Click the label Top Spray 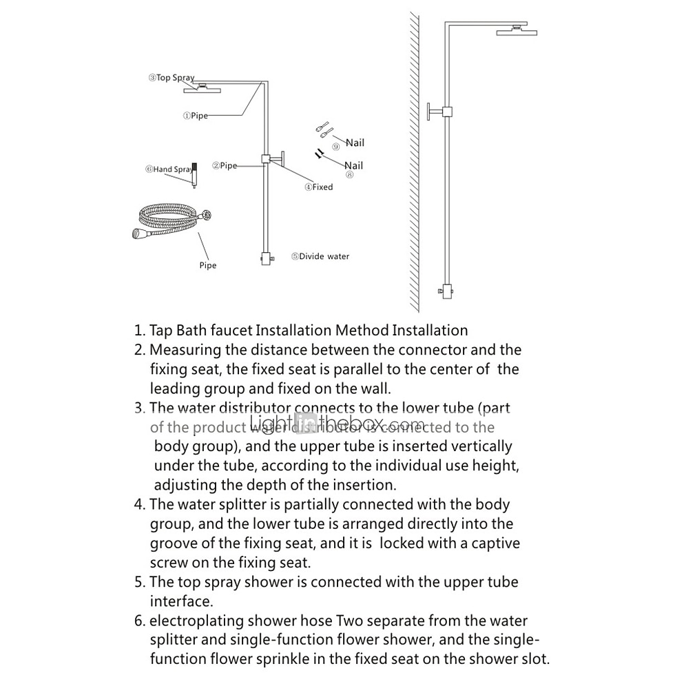click(172, 78)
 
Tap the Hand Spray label click(169, 169)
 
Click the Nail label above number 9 click(355, 143)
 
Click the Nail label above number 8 click(353, 165)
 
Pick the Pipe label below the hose click(207, 265)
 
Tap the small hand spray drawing click(194, 176)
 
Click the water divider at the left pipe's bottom click(266, 260)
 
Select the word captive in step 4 click(490, 543)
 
